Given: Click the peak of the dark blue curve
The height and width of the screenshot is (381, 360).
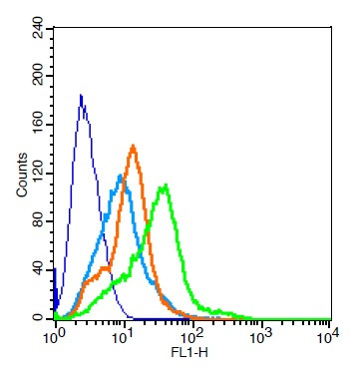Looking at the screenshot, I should tap(80, 96).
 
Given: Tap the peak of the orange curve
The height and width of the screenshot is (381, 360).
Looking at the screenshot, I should tap(133, 147).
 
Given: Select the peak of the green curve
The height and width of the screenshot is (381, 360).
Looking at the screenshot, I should tap(165, 185).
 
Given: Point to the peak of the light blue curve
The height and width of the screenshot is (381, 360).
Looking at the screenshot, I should tap(120, 177).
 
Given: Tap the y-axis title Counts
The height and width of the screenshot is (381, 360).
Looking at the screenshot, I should tap(21, 176).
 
